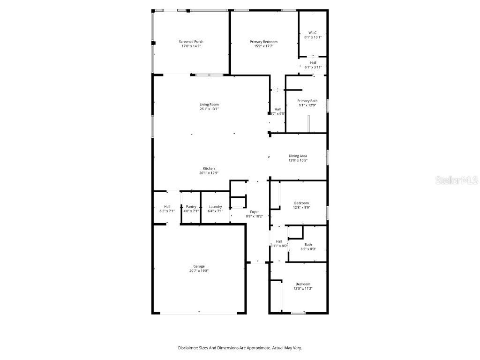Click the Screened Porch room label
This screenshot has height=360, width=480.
click(x=191, y=42)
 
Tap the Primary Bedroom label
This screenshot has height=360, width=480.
click(x=263, y=42)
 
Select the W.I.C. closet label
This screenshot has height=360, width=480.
click(x=313, y=32)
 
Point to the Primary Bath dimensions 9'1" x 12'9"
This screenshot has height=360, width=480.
click(x=307, y=105)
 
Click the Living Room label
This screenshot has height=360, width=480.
click(x=209, y=105)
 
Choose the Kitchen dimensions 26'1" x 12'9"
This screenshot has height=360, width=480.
click(x=209, y=173)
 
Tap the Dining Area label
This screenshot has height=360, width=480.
click(x=298, y=156)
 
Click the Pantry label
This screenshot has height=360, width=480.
click(x=191, y=207)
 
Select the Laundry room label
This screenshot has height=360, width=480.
click(x=215, y=207)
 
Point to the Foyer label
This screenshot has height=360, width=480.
click(x=255, y=212)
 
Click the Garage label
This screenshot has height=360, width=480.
click(x=199, y=266)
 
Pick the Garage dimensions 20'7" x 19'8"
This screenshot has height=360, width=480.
click(x=199, y=271)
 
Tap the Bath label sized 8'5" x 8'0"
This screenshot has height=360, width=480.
click(x=308, y=244)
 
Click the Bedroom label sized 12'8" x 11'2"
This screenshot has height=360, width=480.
click(x=303, y=284)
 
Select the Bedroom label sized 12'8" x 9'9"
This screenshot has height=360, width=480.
click(x=301, y=203)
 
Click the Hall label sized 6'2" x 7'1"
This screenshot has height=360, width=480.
click(x=167, y=207)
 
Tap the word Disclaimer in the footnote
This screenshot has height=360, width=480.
click(x=188, y=348)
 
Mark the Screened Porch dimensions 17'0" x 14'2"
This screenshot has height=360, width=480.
click(x=191, y=46)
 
